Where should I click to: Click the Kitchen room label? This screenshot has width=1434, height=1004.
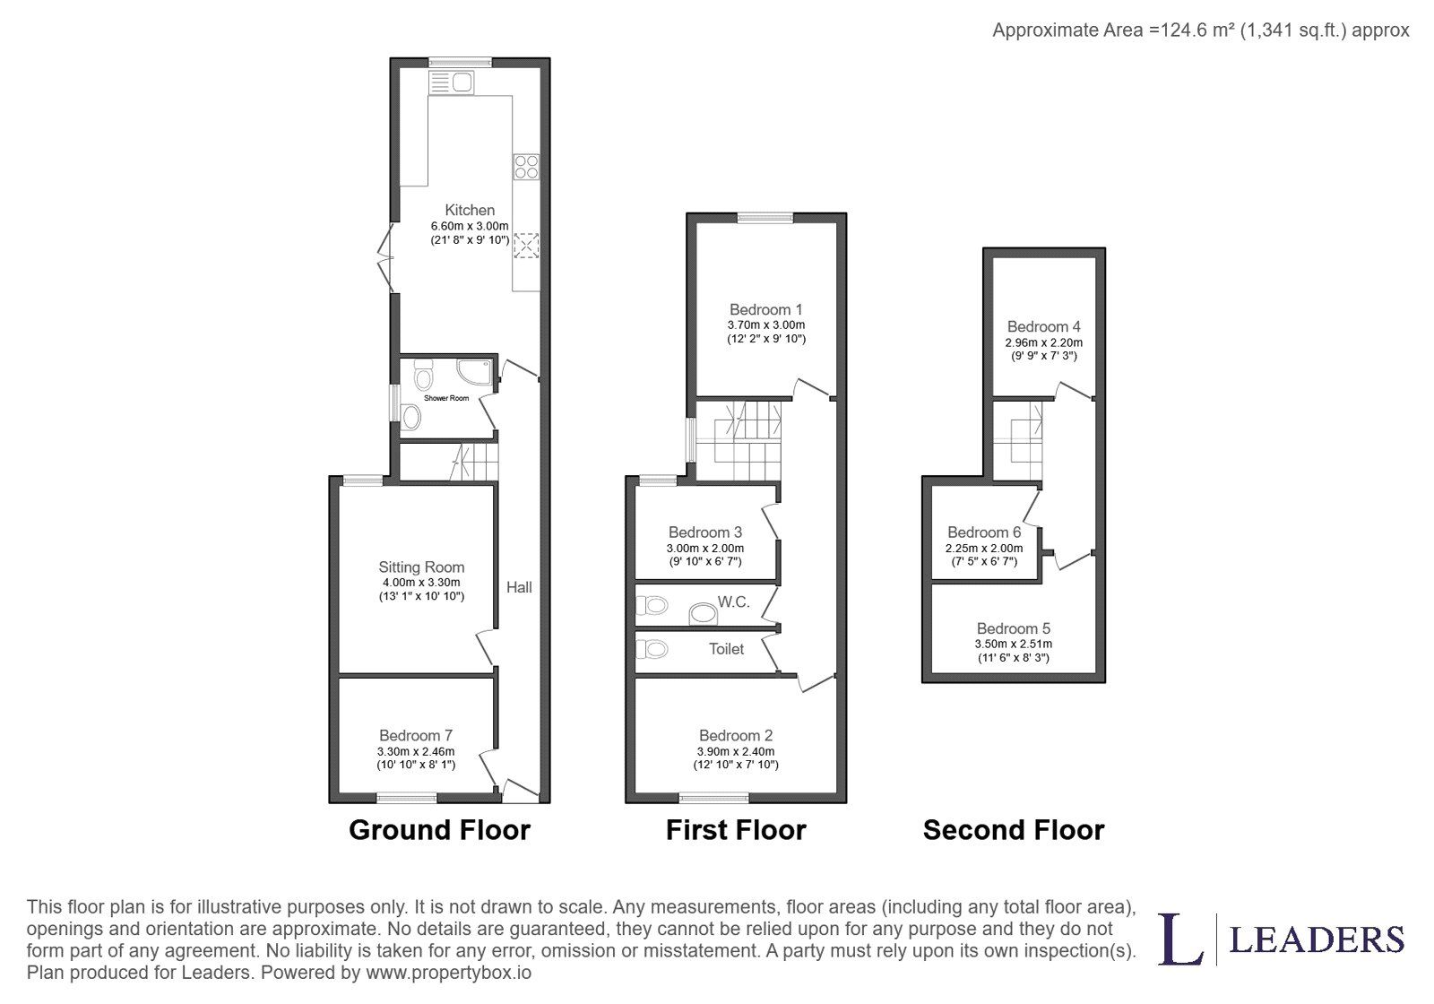pyautogui.click(x=470, y=210)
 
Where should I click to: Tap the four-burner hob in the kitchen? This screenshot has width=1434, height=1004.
pyautogui.click(x=526, y=167)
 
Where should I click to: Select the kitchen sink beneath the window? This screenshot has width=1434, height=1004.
pyautogui.click(x=452, y=82)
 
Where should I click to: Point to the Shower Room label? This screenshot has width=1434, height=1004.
pyautogui.click(x=446, y=398)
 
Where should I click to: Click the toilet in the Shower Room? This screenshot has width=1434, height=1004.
pyautogui.click(x=423, y=375)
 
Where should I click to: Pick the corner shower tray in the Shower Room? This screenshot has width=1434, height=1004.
pyautogui.click(x=475, y=373)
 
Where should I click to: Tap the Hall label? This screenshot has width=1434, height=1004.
pyautogui.click(x=519, y=587)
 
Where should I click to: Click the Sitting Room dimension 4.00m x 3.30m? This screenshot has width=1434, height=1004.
pyautogui.click(x=421, y=583)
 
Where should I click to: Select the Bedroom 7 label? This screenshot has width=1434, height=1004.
pyautogui.click(x=416, y=735)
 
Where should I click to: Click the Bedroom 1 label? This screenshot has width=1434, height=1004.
pyautogui.click(x=766, y=309)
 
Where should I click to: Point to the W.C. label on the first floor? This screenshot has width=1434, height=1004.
pyautogui.click(x=734, y=602)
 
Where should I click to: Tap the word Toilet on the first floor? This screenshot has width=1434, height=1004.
pyautogui.click(x=727, y=649)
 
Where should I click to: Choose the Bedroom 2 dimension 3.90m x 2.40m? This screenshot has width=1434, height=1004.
pyautogui.click(x=736, y=752)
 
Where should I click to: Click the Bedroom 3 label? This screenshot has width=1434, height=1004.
pyautogui.click(x=705, y=532)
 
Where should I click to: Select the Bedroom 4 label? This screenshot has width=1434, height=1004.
pyautogui.click(x=1044, y=326)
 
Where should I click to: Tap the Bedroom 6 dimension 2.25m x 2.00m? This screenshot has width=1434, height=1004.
pyautogui.click(x=985, y=549)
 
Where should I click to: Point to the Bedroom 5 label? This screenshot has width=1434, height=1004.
pyautogui.click(x=1014, y=628)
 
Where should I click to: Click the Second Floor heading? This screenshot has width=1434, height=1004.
pyautogui.click(x=1014, y=830)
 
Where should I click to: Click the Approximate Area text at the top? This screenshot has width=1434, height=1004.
pyautogui.click(x=1201, y=30)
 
